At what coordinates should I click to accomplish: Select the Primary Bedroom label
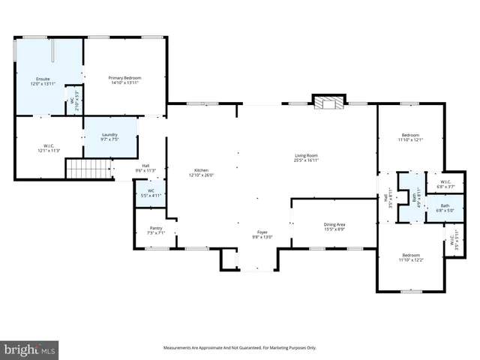pos(124,80)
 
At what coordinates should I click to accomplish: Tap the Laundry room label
pos(109,137)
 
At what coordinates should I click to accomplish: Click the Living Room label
pos(306,157)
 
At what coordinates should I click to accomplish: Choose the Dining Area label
pos(334,226)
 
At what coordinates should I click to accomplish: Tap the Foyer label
pos(262,235)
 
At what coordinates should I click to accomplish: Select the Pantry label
pos(156,229)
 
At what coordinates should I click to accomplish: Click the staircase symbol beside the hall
pos(82,169)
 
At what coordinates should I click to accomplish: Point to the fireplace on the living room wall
pos(327,103)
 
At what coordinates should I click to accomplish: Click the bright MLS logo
pos(29,349)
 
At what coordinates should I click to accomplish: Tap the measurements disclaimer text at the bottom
pos(240,348)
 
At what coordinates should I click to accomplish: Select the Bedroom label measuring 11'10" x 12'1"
pos(410,137)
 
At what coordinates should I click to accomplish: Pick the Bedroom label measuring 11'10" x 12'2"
pos(410,257)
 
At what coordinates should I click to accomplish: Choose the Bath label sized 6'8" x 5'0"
pos(445,207)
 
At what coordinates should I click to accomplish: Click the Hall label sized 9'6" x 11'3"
pos(145,169)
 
